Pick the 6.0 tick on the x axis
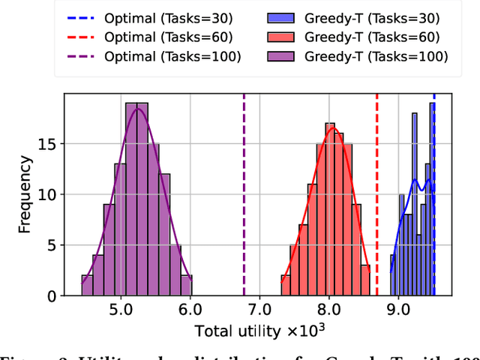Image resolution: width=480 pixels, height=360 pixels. click(190, 309)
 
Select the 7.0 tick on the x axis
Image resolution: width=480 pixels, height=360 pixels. click(259, 309)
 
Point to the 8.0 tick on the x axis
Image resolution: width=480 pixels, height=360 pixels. click(329, 309)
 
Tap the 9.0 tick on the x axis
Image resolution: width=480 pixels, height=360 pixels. click(398, 309)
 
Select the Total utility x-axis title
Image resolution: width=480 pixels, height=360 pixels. click(259, 330)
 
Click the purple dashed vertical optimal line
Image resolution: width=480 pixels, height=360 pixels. click(244, 195)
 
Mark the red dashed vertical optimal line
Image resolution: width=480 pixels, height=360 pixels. click(377, 195)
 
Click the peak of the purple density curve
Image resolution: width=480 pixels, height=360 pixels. click(137, 109)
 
